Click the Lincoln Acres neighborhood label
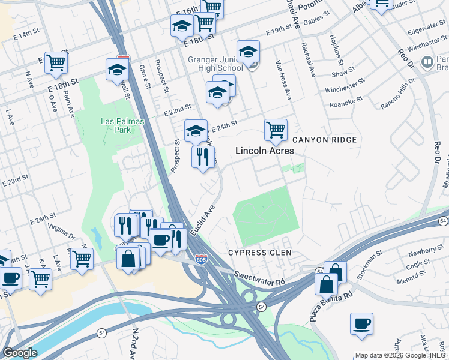click(x=265, y=151)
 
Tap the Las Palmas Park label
click(x=114, y=125)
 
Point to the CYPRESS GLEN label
click(x=260, y=253)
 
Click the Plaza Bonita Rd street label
click(x=331, y=306)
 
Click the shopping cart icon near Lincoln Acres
click(x=276, y=129)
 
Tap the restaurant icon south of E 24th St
click(x=203, y=157)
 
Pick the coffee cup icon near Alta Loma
click(x=361, y=323)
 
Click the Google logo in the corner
click(x=20, y=353)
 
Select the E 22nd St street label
click(x=177, y=110)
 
